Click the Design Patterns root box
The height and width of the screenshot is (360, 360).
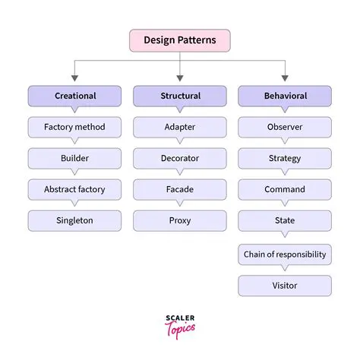click(179, 40)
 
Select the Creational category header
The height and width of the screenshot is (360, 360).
click(74, 96)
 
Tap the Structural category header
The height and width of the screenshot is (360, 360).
click(180, 96)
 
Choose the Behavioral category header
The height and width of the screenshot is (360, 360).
click(285, 96)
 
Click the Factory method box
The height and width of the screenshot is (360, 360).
click(74, 127)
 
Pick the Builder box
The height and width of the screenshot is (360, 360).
click(74, 158)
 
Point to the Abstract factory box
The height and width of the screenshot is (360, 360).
click(74, 189)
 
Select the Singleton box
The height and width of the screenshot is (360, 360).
click(74, 220)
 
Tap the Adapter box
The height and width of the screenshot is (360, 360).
click(180, 127)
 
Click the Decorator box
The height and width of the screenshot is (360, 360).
click(180, 158)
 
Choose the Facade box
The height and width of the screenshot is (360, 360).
click(180, 189)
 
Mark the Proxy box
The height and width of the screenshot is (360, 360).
click(180, 220)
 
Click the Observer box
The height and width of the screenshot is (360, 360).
click(285, 127)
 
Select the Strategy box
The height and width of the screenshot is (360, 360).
click(285, 158)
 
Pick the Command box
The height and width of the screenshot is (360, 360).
click(285, 189)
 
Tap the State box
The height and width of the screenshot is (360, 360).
click(285, 220)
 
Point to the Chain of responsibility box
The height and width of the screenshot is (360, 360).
click(285, 254)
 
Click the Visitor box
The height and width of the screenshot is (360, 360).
click(285, 286)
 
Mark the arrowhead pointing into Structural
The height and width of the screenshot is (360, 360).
click(180, 77)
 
